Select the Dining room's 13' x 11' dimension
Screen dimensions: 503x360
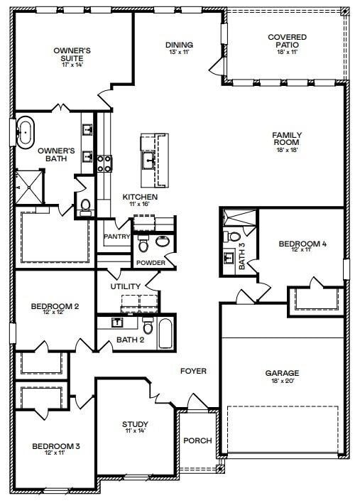pyautogui.click(x=179, y=53)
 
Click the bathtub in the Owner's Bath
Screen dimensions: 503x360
pyautogui.click(x=25, y=133)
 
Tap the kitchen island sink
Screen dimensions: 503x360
pyautogui.click(x=149, y=158)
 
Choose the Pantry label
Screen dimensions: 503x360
pyautogui.click(x=115, y=237)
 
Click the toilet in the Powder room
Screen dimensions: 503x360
pyautogui.click(x=143, y=245)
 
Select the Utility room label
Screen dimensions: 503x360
pyautogui.click(x=126, y=286)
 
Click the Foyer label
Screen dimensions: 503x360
pyautogui.click(x=193, y=371)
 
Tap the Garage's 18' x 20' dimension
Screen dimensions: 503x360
pyautogui.click(x=282, y=382)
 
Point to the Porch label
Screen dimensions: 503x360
pyautogui.click(x=197, y=440)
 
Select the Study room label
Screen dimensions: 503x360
pyautogui.click(x=135, y=425)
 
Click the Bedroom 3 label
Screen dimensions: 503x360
pyautogui.click(x=55, y=446)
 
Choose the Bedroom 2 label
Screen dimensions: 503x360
pyautogui.click(x=54, y=306)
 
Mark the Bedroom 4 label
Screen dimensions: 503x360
pyautogui.click(x=302, y=244)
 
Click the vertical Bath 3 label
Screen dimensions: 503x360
pyautogui.click(x=241, y=256)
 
